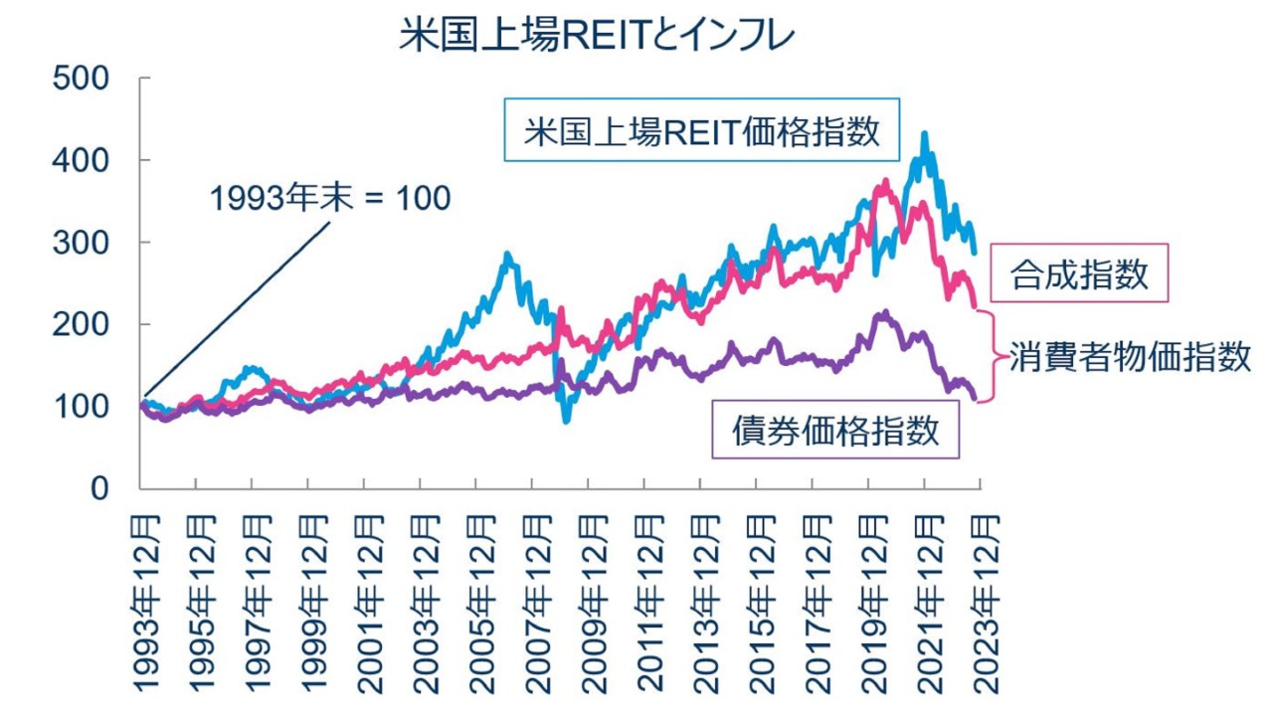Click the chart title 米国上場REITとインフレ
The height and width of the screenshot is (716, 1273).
coord(597,37)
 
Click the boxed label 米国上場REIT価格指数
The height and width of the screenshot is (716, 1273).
coord(702,130)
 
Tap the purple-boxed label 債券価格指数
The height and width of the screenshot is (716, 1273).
coord(835,430)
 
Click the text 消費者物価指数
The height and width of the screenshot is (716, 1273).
coord(1130,357)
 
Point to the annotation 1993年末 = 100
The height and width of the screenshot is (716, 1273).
coord(329,198)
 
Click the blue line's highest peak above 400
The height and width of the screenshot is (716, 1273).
coord(925,133)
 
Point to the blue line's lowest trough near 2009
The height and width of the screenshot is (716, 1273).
coord(566,421)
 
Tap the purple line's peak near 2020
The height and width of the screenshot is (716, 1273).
coord(882,312)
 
